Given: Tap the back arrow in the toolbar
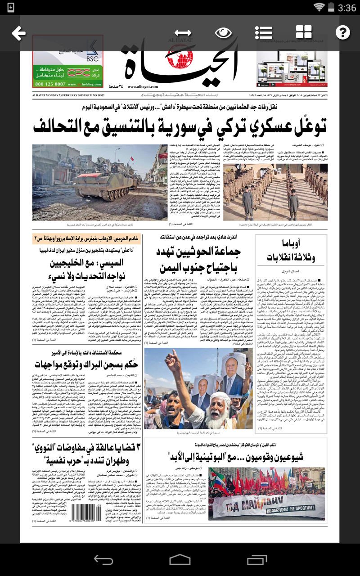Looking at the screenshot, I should point(18,33).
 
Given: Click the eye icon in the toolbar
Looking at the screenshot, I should point(223,33).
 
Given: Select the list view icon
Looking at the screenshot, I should point(263,33).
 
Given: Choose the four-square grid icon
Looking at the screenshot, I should point(304,32).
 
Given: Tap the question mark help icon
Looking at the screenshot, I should point(343,32).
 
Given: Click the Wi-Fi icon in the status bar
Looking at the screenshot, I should point(319,7).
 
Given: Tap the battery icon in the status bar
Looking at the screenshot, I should point(332,7).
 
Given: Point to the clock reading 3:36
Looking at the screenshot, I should point(347,8).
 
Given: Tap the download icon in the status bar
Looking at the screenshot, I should point(11,7).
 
